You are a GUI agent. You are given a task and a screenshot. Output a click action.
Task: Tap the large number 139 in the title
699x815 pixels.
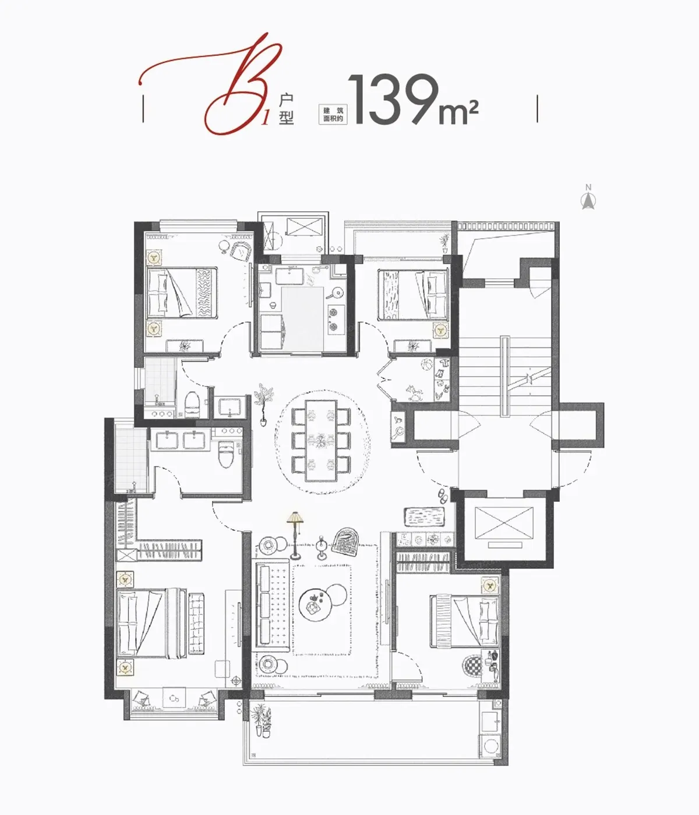[x=394, y=100]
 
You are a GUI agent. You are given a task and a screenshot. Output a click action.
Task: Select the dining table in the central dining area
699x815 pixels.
[x=322, y=441]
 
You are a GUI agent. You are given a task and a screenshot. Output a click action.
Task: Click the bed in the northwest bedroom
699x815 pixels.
[x=182, y=293]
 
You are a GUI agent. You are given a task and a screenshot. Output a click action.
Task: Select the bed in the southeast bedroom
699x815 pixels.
[x=465, y=621]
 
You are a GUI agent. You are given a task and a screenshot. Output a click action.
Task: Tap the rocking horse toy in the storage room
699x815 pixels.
[x=415, y=393]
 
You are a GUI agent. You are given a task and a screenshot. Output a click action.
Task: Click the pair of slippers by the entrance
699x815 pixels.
[x=442, y=497]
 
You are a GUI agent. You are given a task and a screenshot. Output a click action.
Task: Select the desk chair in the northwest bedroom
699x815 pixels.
[x=241, y=250]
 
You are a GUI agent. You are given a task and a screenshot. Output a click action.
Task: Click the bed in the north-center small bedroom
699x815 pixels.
[x=413, y=294]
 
